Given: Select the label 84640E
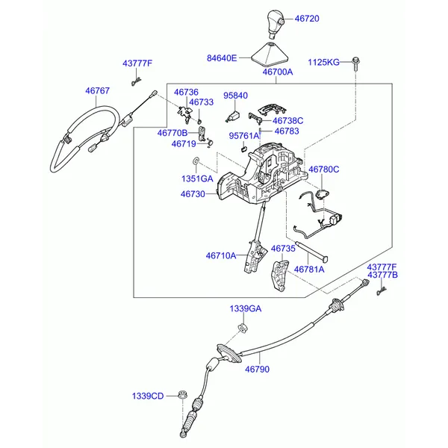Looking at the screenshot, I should [222, 57].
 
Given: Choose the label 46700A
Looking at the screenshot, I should [277, 72].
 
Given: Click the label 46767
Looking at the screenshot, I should [97, 90].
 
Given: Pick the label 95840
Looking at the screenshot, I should [235, 96].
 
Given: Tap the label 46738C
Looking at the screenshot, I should [287, 120].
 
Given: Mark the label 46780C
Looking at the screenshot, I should [323, 169].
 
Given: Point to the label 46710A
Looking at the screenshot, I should [221, 255].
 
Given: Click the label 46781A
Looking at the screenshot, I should [308, 269].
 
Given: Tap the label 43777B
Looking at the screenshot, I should [382, 276].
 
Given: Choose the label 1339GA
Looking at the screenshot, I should [245, 308].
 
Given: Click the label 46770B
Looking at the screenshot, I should [172, 133].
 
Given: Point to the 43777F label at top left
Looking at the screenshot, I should [137, 63].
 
